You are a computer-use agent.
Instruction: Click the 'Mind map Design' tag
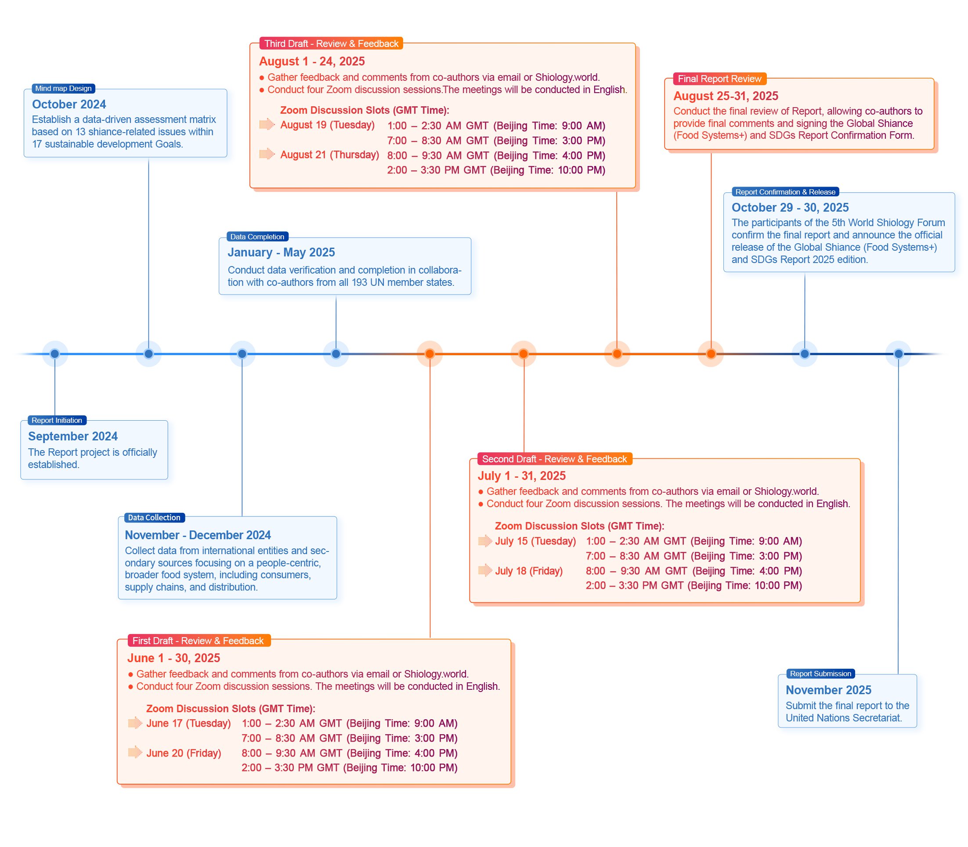63,88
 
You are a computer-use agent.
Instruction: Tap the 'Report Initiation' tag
57,420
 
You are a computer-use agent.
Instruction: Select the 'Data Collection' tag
154,518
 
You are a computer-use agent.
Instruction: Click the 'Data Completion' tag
257,237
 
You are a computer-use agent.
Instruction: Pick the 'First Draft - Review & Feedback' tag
199,641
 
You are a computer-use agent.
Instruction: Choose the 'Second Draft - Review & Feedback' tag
554,459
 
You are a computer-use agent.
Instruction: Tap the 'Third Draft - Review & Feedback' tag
331,43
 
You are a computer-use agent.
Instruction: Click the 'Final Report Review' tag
719,79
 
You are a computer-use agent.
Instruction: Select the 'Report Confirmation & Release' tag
785,192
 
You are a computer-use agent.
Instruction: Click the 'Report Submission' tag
820,674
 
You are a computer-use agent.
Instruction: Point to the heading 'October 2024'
69,105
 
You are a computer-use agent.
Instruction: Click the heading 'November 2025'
829,690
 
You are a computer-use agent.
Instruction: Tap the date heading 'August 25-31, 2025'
726,96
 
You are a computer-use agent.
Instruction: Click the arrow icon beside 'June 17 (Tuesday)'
135,723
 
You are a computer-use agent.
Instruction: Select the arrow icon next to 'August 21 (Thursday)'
267,154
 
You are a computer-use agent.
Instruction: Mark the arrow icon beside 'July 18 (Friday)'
485,570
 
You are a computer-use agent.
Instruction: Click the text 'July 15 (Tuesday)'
535,541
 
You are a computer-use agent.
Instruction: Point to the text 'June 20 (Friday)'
184,753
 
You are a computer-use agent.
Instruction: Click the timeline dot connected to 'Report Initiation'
55,353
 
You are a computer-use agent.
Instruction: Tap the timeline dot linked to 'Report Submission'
899,353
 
